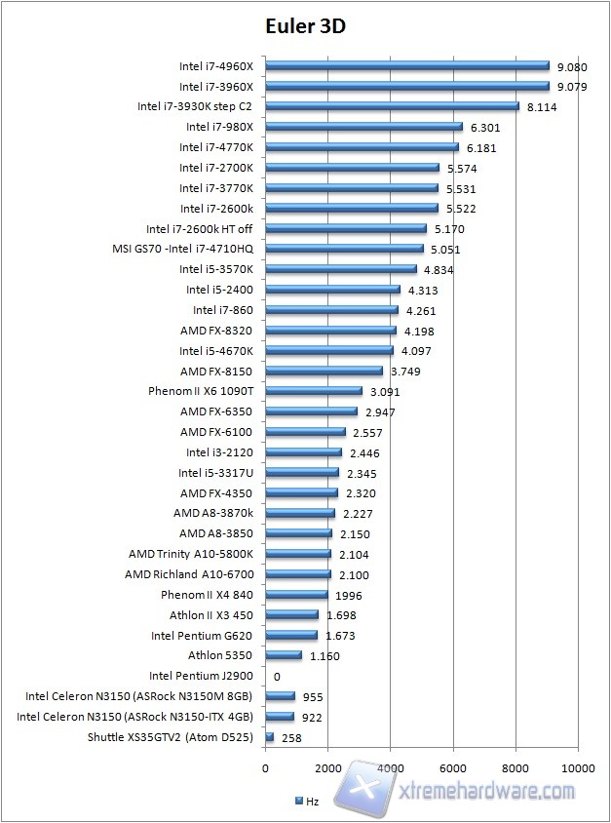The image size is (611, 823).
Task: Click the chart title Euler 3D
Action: tap(305, 26)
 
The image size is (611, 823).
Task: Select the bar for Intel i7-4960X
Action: tap(407, 66)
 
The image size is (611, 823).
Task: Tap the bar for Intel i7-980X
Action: tap(363, 127)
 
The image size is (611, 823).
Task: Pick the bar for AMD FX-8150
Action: tap(324, 372)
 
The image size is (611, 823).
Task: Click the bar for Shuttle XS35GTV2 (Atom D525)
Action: tap(270, 738)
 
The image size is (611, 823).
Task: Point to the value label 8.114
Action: tap(542, 107)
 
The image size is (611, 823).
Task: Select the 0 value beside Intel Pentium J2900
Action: tap(277, 676)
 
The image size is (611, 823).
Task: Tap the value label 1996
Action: tap(348, 595)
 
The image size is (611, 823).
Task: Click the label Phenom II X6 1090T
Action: tap(200, 391)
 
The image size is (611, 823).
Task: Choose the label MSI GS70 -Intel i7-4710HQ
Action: tap(183, 249)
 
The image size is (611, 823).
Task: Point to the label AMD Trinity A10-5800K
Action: tap(190, 554)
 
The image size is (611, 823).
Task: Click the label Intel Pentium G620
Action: tap(202, 636)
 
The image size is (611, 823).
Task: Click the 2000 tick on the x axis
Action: tap(327, 767)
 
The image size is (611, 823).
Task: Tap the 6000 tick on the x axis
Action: tap(453, 767)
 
